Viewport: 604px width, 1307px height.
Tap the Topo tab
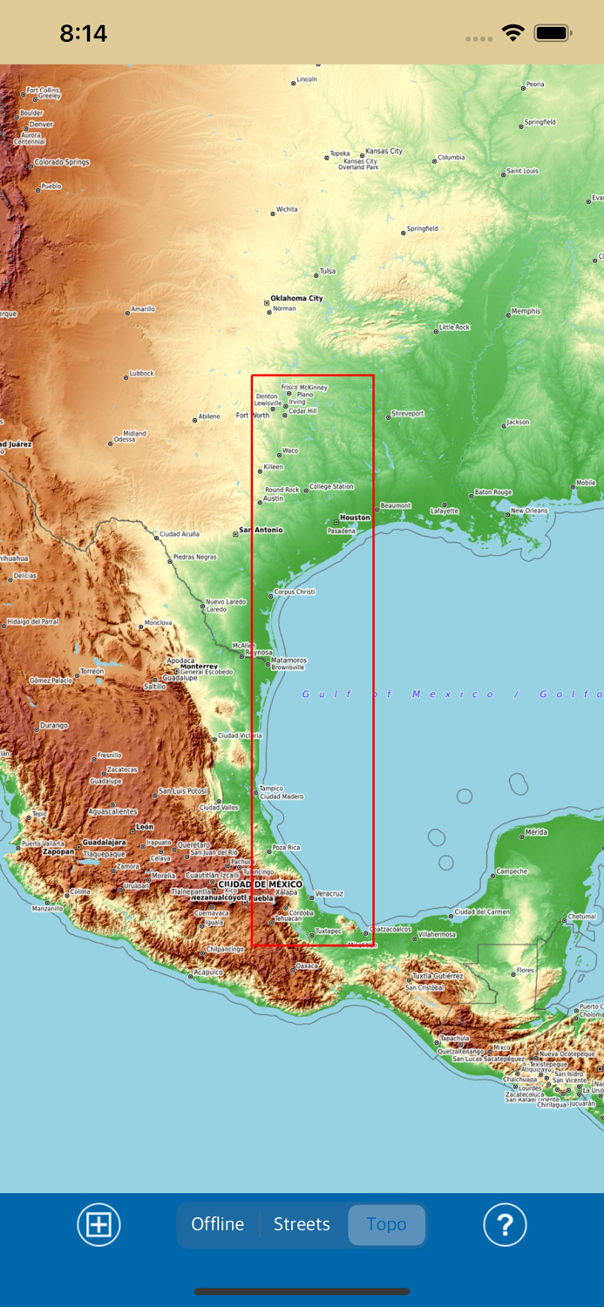point(386,1224)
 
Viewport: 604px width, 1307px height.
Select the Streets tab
point(302,1224)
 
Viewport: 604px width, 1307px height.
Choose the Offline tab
point(218,1224)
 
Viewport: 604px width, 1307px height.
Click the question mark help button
point(505,1224)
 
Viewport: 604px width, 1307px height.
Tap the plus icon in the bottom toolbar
point(98,1224)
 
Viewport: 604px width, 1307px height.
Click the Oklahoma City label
point(296,298)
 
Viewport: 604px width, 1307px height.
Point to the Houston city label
point(355,518)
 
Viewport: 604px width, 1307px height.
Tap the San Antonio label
point(261,530)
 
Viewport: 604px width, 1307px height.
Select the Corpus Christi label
point(295,592)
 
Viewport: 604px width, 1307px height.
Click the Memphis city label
point(526,311)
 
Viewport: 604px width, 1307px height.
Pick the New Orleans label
point(529,511)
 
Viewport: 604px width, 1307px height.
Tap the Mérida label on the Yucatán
point(536,832)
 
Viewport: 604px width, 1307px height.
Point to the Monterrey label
point(199,667)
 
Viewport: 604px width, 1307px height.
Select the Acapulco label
point(208,972)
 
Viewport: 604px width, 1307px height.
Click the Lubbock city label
point(141,373)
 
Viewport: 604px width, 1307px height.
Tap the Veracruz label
point(329,894)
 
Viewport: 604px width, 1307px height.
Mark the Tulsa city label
point(327,271)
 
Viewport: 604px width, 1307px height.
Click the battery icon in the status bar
point(553,33)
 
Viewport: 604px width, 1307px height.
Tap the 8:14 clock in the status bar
point(84,33)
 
